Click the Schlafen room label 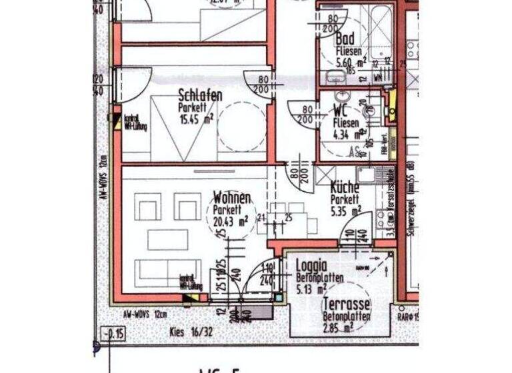(x=200, y=96)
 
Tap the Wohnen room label (x=232, y=198)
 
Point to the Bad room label (x=345, y=39)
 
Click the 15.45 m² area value (x=196, y=118)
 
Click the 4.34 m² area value (x=345, y=136)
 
